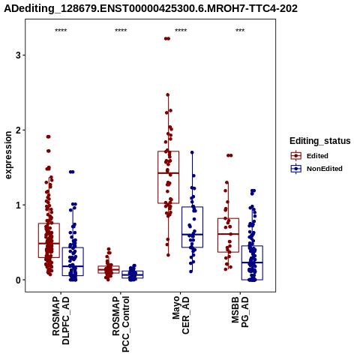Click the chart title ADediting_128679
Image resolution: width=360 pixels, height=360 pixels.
tap(151, 9)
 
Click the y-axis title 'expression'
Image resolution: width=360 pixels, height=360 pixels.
tap(8, 155)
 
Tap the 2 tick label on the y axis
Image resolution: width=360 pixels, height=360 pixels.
tap(18, 130)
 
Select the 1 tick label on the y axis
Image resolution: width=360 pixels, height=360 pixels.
tap(18, 205)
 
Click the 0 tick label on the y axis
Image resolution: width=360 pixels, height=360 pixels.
tap(18, 280)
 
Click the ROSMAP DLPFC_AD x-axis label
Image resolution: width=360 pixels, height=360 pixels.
tap(61, 320)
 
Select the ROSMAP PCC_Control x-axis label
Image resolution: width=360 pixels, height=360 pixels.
tap(121, 324)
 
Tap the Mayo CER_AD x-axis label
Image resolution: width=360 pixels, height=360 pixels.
tap(181, 315)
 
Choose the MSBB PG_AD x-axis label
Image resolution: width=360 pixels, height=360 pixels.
tap(240, 312)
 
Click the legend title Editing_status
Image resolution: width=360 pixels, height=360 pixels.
tap(320, 141)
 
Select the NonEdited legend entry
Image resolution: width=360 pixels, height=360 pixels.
tap(316, 169)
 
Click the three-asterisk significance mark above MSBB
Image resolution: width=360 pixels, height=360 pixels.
tap(240, 31)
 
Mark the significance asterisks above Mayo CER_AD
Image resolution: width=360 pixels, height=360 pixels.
tap(181, 31)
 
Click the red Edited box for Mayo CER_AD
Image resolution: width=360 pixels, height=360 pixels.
tap(169, 177)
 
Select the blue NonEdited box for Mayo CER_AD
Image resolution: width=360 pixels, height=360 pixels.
tap(192, 227)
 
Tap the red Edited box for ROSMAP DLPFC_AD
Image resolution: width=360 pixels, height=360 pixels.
tap(49, 240)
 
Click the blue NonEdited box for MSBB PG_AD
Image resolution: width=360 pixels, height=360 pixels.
tap(252, 262)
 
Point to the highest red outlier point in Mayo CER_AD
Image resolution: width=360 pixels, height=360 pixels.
tap(167, 38)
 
